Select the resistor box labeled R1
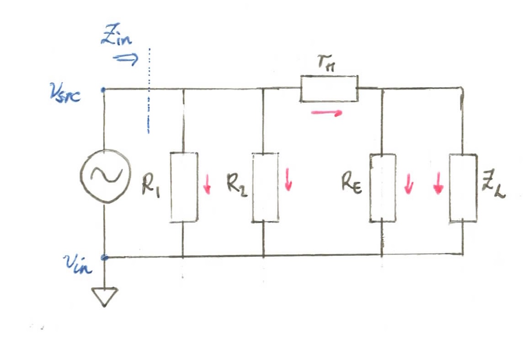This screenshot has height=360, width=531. pos(184,187)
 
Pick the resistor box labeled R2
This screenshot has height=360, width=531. pos(265,187)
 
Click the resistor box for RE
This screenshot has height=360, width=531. pos(383,187)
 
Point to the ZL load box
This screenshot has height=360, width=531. pos(463,188)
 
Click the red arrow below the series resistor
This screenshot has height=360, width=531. pos(326,112)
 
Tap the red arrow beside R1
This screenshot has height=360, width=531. pos(208,185)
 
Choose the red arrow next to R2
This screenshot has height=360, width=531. pos(288,179)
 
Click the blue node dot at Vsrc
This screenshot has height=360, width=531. pos(104,90)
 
